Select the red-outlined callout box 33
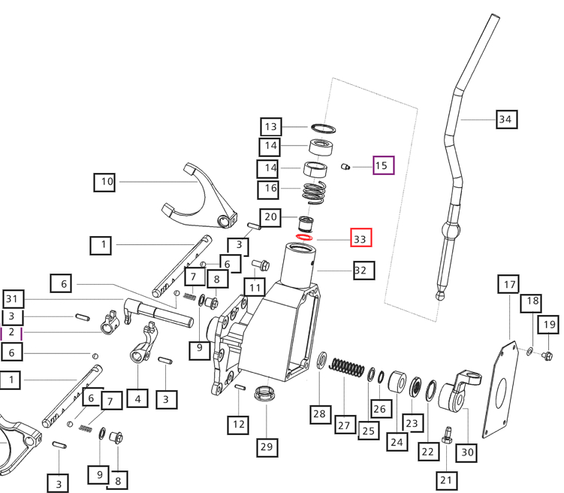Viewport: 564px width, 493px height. pos(360,239)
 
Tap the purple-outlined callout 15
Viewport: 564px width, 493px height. pos(382,165)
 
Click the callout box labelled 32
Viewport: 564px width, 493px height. pos(360,270)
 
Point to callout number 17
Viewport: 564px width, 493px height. pos(510,285)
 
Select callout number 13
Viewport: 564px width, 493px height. pos(271,126)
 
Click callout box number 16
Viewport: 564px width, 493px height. pos(270,188)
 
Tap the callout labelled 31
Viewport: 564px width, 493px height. pos(11,298)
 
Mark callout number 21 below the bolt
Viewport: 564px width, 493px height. pos(448,479)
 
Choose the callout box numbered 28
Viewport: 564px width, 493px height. pos(321,413)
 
